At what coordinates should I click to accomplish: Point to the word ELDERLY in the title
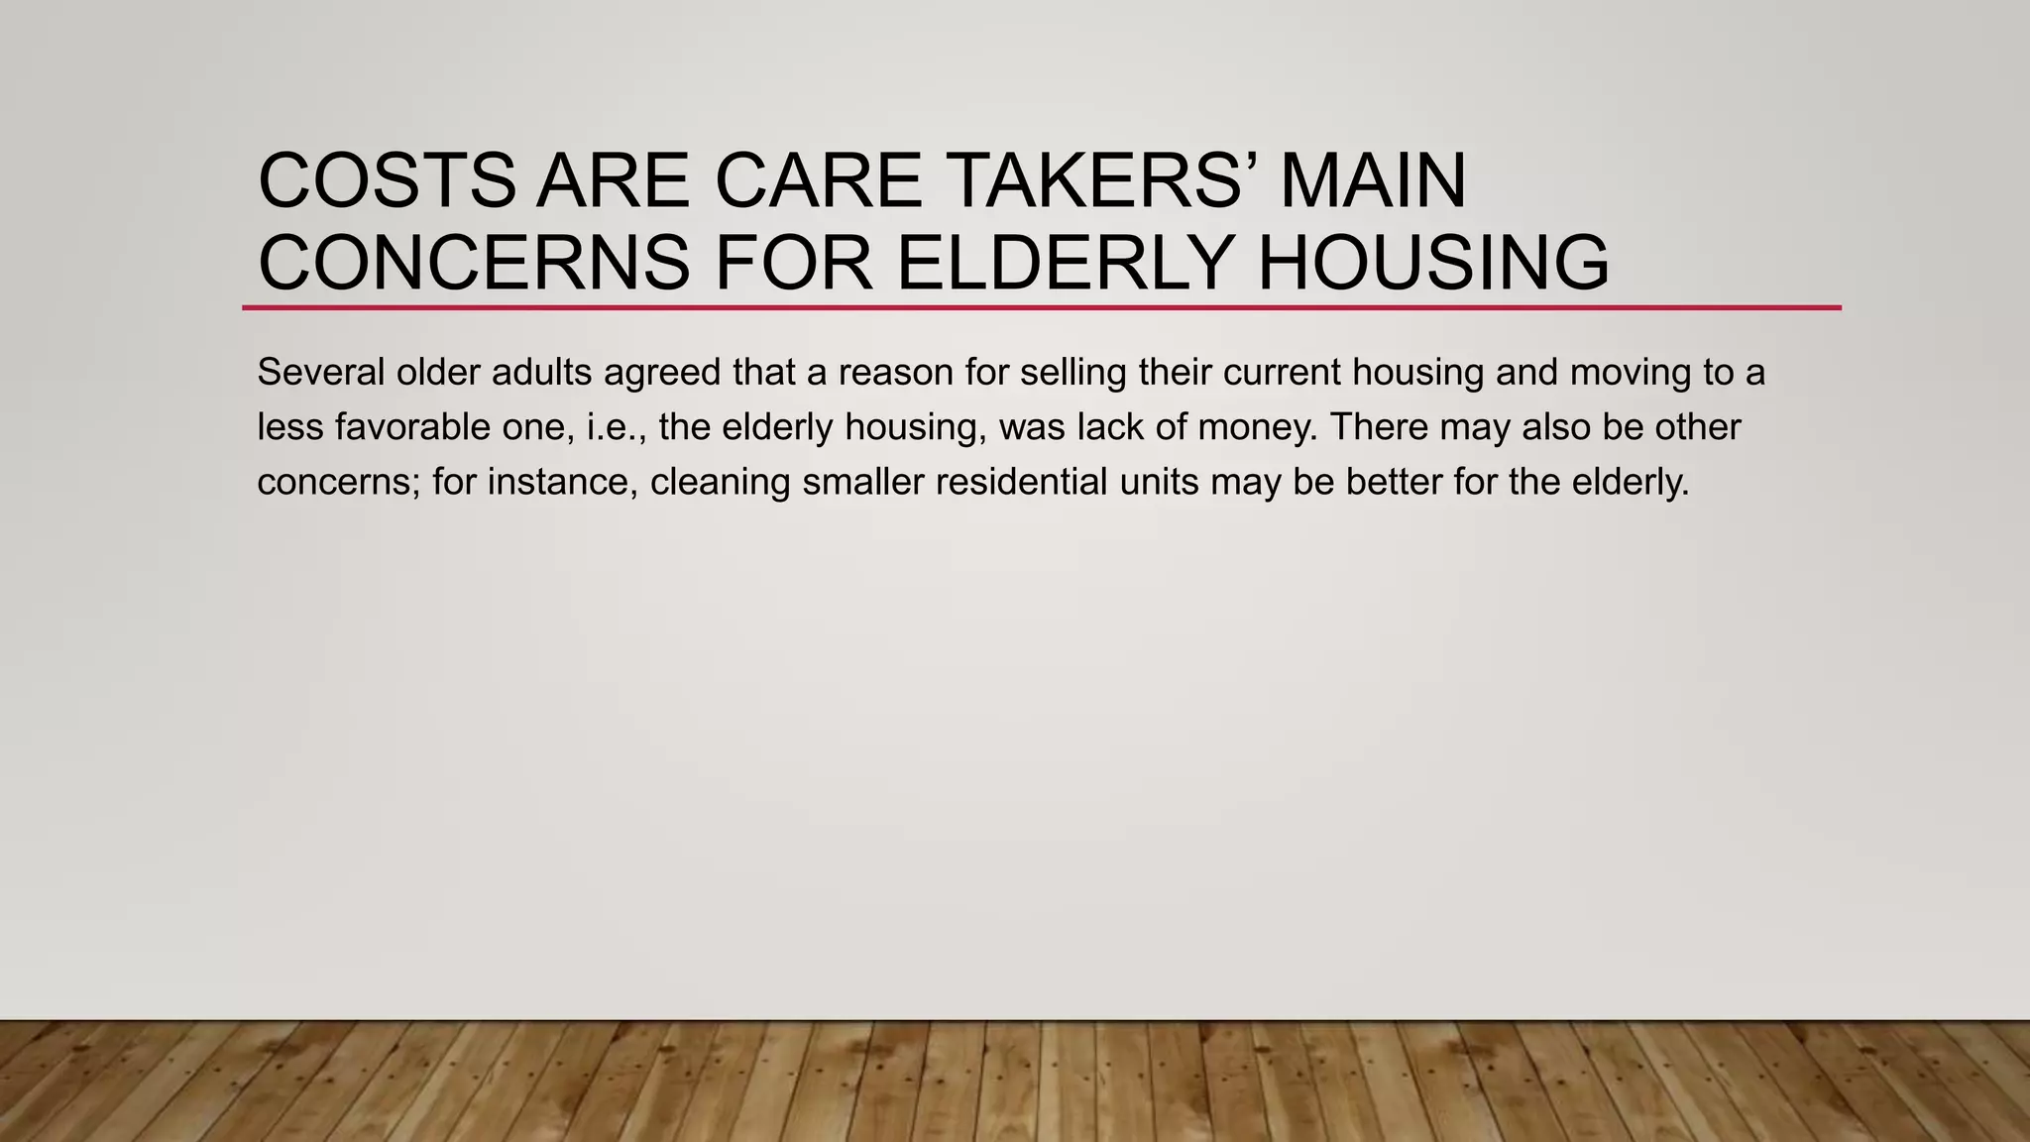tap(1066, 263)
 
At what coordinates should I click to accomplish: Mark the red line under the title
tap(1041, 308)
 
